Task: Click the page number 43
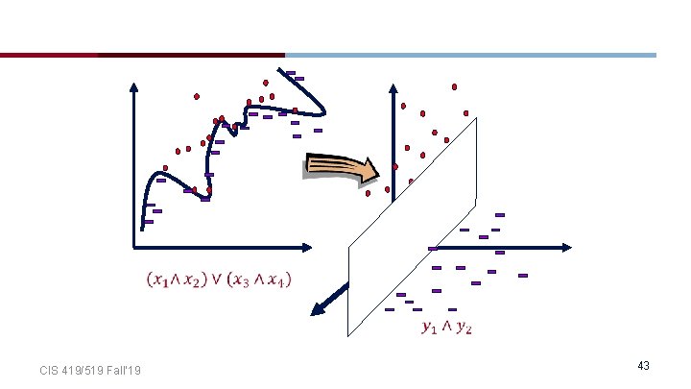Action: (643, 366)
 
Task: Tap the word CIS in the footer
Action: (49, 371)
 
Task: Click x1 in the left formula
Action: (160, 280)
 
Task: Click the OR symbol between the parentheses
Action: (217, 280)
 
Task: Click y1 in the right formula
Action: (429, 328)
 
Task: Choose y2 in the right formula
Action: (464, 328)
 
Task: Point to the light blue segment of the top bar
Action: (470, 55)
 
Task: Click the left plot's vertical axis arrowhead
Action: (133, 85)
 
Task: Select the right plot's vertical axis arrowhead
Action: (393, 87)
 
